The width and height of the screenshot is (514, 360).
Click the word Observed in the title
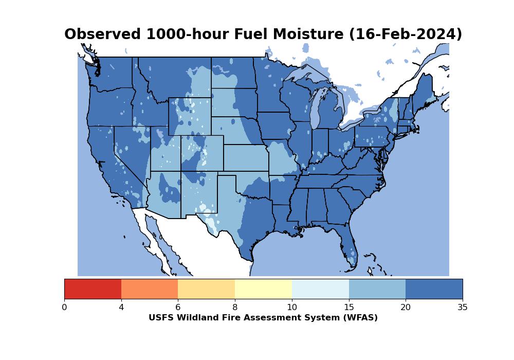click(102, 34)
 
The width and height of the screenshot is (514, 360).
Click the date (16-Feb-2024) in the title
click(406, 34)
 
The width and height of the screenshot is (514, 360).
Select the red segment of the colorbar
click(93, 289)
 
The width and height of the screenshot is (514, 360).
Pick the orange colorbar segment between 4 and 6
click(150, 289)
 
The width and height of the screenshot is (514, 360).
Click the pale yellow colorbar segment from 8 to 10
click(263, 289)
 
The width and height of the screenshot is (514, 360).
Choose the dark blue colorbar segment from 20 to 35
click(434, 289)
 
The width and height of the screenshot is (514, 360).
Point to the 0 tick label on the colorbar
click(64, 307)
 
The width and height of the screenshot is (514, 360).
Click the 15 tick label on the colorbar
click(349, 307)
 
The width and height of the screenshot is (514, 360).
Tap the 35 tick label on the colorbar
click(463, 307)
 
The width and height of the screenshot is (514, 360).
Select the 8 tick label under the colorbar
click(235, 307)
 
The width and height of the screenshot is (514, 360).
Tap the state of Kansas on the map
click(246, 158)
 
